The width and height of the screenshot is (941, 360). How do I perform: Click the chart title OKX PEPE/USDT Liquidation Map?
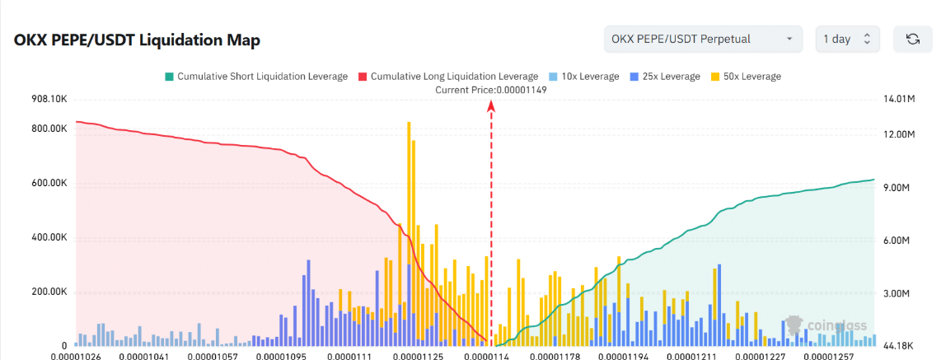click(x=137, y=41)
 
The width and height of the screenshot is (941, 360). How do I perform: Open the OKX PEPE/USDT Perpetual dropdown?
click(x=704, y=39)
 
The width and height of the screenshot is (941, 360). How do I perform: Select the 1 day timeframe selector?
click(x=847, y=39)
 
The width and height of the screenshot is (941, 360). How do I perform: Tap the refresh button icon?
click(x=913, y=39)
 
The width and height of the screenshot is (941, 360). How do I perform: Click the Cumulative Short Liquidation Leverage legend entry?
click(x=256, y=76)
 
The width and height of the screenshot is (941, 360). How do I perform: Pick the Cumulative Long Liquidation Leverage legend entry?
click(x=448, y=76)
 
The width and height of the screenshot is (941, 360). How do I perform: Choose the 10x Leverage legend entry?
click(x=584, y=76)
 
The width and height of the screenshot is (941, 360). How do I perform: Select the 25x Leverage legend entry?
click(x=665, y=76)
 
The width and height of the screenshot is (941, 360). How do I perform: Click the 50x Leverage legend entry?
click(x=746, y=76)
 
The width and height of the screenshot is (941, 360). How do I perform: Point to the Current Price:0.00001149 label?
click(x=491, y=90)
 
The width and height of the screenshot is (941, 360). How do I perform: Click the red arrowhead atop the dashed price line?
click(x=491, y=105)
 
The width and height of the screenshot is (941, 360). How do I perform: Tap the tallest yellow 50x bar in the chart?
click(x=409, y=233)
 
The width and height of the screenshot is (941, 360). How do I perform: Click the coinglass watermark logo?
click(x=827, y=325)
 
